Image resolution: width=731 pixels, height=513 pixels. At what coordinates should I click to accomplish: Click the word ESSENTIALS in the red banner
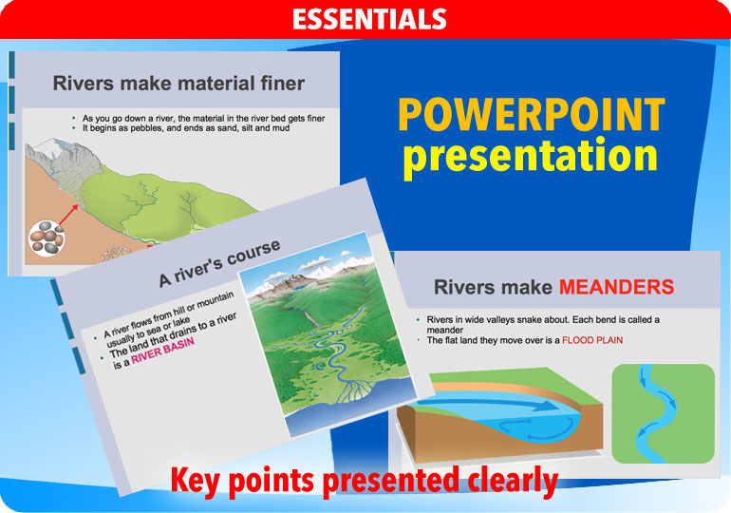[369, 19]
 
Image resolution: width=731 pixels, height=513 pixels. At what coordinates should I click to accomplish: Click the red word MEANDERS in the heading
[616, 287]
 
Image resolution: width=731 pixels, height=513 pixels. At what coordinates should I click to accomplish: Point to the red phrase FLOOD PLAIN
[592, 339]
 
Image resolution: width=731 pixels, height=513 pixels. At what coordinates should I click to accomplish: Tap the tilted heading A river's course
[219, 264]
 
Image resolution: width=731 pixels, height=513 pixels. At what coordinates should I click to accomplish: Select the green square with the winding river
[663, 413]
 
